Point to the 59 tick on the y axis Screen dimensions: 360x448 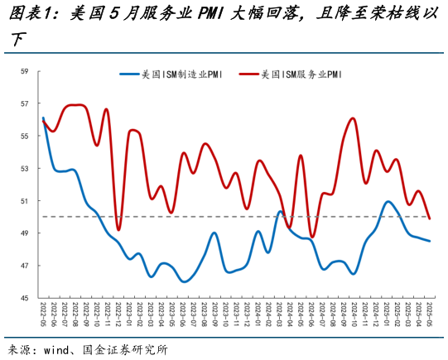pos(25,72)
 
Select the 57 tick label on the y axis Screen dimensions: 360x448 pos(25,104)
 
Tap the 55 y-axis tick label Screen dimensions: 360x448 pos(25,137)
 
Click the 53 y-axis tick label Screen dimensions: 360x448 pos(25,169)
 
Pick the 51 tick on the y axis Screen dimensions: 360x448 pos(25,201)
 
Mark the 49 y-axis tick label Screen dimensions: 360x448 pos(25,233)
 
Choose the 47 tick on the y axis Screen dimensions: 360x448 pos(25,266)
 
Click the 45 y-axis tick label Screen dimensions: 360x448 pos(25,298)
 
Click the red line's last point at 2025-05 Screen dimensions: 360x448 pos(429,218)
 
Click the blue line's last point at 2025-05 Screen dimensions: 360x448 pos(429,241)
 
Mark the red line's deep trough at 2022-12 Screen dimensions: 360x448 pos(118,229)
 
